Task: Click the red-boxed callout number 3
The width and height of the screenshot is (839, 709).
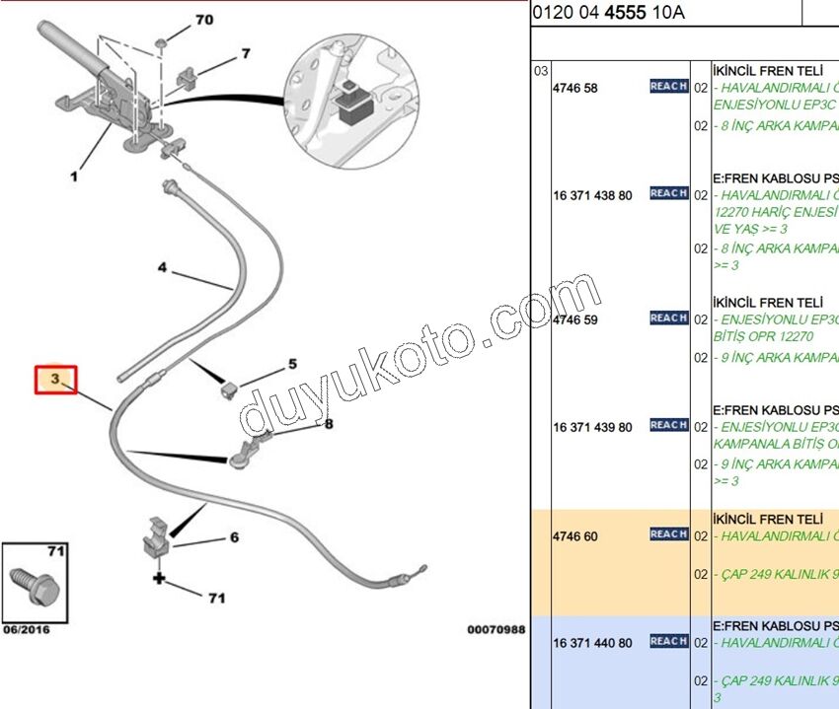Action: click(56, 379)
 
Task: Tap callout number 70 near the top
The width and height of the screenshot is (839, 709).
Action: click(203, 20)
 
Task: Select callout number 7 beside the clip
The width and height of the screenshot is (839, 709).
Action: click(246, 53)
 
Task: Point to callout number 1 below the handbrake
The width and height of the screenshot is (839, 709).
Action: click(73, 177)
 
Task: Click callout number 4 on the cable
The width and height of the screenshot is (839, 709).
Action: click(163, 267)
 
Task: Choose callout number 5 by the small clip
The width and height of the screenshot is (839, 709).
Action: click(292, 364)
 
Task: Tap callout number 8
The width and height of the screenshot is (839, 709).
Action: click(329, 424)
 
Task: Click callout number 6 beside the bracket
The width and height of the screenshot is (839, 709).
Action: click(234, 537)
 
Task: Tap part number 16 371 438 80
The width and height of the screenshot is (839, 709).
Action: click(592, 195)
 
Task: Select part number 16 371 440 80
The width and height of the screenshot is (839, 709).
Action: click(592, 643)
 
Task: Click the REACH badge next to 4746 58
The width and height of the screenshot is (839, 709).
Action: click(668, 87)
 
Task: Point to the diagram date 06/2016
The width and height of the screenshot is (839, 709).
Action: click(26, 629)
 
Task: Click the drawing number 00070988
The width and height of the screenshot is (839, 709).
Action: click(496, 629)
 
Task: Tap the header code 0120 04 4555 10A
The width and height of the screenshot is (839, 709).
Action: click(608, 13)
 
